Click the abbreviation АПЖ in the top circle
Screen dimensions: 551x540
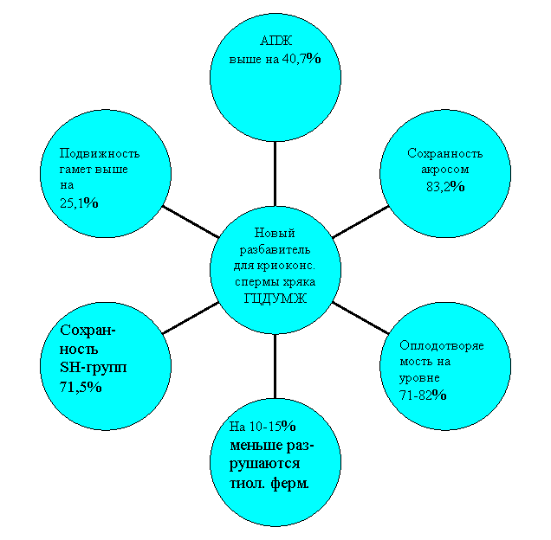click(275, 41)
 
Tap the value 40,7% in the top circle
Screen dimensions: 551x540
click(301, 58)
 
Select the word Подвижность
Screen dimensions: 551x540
click(100, 154)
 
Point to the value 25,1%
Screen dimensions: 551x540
click(79, 203)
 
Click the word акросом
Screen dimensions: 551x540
click(445, 170)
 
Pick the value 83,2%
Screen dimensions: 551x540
click(445, 186)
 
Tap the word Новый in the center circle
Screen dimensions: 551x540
click(275, 233)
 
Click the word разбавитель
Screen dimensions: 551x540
click(275, 249)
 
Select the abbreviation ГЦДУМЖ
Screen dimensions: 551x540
click(275, 299)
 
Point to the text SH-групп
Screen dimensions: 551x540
click(93, 368)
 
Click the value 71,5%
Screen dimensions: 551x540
click(81, 387)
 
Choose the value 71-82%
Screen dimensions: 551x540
click(423, 395)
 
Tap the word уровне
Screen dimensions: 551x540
click(419, 378)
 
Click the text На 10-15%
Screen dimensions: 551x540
click(263, 427)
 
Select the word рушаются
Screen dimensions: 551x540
click(264, 464)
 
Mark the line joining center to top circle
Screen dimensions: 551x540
click(275, 174)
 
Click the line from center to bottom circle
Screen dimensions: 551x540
click(275, 366)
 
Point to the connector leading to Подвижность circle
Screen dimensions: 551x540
click(191, 222)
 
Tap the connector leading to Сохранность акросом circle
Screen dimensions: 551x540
click(360, 222)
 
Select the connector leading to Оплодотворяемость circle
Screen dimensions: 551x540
click(360, 318)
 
